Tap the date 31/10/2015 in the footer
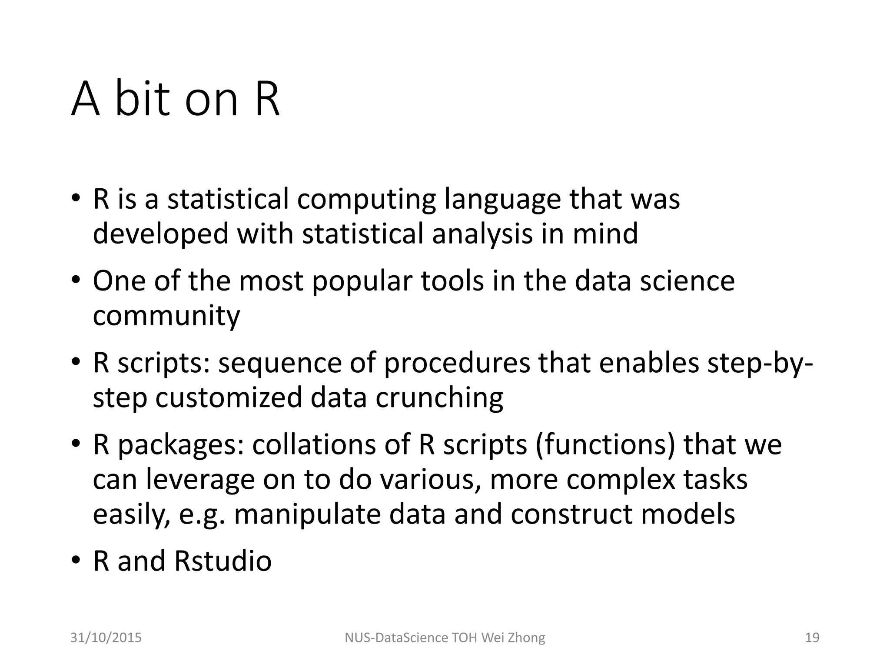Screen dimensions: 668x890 pos(106,638)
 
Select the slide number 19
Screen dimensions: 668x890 pos(812,638)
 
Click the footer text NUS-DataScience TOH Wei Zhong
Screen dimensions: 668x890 pos(445,638)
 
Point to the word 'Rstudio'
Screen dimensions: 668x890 pos(222,561)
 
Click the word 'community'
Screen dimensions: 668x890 pos(166,316)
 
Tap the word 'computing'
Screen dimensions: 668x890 pos(366,199)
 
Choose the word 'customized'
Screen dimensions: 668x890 pos(229,397)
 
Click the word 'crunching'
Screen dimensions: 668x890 pos(439,397)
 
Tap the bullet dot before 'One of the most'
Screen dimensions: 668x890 pos(76,280)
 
